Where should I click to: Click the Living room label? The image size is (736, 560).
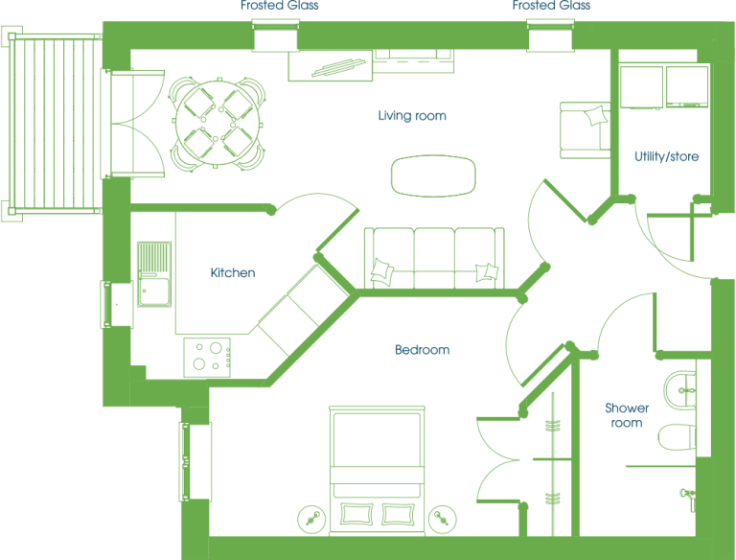[412, 116]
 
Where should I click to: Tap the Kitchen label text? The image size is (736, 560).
[232, 272]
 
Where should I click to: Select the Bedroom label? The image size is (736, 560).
[422, 350]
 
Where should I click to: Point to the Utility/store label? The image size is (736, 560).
[667, 156]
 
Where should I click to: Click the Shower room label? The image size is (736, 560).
[627, 415]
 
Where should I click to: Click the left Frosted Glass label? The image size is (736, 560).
[279, 5]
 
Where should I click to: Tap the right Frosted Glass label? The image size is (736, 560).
[551, 5]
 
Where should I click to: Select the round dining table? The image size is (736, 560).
[217, 123]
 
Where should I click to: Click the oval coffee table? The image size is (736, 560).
[433, 175]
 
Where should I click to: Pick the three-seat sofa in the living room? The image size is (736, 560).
[434, 258]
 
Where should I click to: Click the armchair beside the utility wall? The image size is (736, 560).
[585, 130]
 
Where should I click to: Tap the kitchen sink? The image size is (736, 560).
[154, 274]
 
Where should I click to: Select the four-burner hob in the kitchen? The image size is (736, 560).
[207, 357]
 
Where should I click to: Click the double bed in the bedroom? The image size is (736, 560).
[377, 470]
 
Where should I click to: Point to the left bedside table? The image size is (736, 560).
[311, 519]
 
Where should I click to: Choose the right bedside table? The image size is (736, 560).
[443, 519]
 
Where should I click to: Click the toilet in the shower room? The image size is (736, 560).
[677, 437]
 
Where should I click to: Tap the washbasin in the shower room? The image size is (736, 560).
[679, 389]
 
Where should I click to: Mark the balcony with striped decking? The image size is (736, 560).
[55, 123]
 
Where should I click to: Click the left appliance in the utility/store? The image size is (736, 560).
[641, 87]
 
